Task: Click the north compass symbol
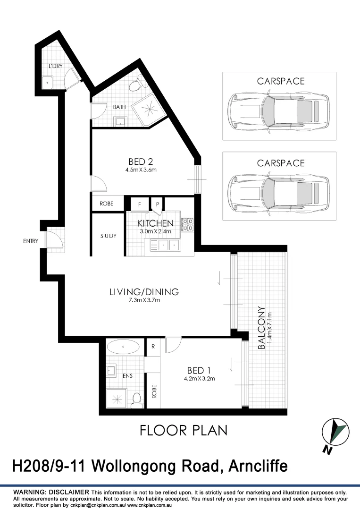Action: [336, 433]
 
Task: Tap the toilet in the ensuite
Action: [137, 400]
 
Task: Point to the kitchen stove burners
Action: [187, 224]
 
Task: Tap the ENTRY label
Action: [30, 241]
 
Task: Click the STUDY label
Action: [108, 236]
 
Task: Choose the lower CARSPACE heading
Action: [281, 163]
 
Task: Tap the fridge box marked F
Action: [140, 204]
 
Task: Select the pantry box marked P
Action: [157, 204]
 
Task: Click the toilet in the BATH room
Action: [135, 85]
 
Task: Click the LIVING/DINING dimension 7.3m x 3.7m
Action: [144, 300]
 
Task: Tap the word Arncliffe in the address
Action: [258, 467]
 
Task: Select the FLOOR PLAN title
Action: [184, 430]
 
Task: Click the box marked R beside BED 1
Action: [153, 347]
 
